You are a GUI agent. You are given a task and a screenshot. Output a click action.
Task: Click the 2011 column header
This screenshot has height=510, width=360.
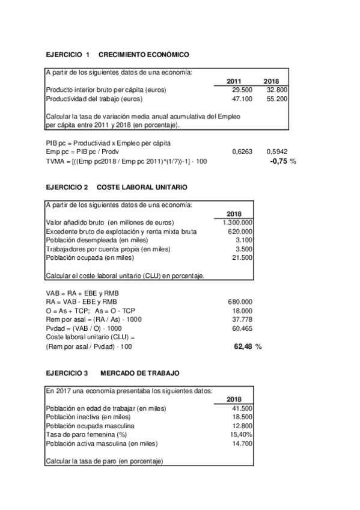pyautogui.click(x=234, y=81)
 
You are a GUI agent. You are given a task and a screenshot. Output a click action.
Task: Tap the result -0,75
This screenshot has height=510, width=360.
pyautogui.click(x=278, y=162)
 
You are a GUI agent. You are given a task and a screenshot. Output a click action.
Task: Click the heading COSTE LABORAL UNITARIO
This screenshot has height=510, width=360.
pyautogui.click(x=142, y=188)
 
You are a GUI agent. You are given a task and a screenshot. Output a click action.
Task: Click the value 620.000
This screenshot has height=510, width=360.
pyautogui.click(x=240, y=231)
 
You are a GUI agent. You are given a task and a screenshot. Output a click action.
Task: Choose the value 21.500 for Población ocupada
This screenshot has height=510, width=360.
pyautogui.click(x=242, y=257)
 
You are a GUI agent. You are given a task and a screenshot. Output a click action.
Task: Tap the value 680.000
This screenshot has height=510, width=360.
pyautogui.click(x=240, y=302)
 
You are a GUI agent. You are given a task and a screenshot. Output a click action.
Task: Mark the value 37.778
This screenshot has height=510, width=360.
pyautogui.click(x=242, y=320)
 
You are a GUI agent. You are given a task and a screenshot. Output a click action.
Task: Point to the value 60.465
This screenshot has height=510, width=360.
pyautogui.click(x=242, y=329)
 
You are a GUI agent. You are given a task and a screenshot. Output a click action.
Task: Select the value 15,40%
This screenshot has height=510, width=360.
pyautogui.click(x=240, y=434)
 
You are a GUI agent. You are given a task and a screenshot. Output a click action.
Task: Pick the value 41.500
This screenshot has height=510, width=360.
pyautogui.click(x=242, y=407)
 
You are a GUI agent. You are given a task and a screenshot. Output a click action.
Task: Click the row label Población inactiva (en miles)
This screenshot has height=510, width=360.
pyautogui.click(x=88, y=416)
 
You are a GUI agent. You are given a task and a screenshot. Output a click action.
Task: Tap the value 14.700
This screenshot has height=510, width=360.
pyautogui.click(x=242, y=443)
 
